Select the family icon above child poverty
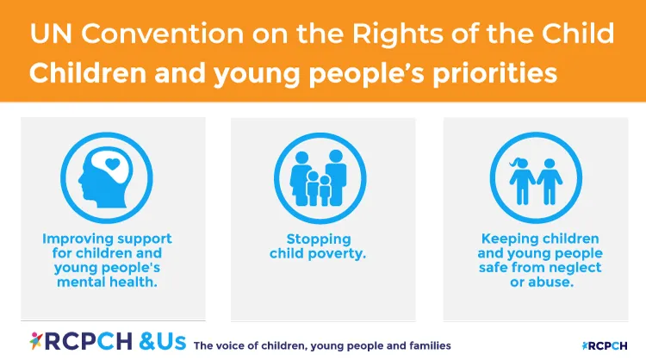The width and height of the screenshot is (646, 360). pos(322,176)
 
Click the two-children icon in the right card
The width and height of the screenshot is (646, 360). pos(536,176)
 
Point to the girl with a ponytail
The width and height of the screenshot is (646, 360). pos(522,178)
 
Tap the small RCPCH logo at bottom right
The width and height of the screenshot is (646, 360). pos(606,344)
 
